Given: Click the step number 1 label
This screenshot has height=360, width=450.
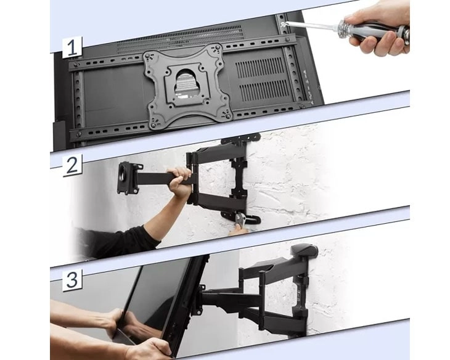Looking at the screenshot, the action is click(x=72, y=47).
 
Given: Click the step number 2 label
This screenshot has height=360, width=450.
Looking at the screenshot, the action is click(x=72, y=166).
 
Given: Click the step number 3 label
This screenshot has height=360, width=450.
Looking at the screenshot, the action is click(x=72, y=280).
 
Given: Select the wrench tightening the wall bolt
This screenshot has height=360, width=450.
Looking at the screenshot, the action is click(x=240, y=219).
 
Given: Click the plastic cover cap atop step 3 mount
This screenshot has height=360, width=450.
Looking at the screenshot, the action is click(x=304, y=250).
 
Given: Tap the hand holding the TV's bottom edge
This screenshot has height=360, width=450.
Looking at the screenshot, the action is click(x=149, y=348).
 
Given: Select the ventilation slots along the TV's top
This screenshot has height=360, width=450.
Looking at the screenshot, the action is click(x=180, y=39).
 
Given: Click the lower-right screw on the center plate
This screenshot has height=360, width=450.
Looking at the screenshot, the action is click(x=228, y=116).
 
